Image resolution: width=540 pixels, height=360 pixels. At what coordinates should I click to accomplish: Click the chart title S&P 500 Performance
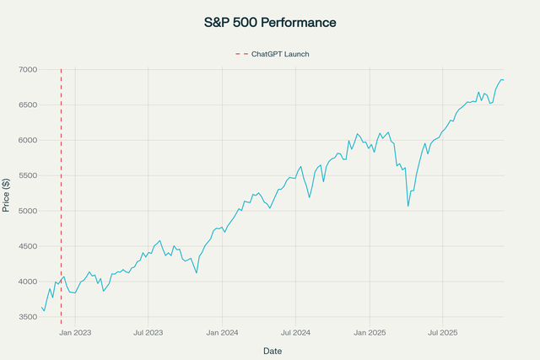pyautogui.click(x=270, y=21)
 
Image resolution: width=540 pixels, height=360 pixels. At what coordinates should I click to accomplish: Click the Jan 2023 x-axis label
pyautogui.click(x=75, y=333)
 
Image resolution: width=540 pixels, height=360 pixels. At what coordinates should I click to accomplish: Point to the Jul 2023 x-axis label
pyautogui.click(x=148, y=333)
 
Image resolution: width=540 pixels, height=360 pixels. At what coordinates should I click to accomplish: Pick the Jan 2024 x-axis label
pyautogui.click(x=223, y=333)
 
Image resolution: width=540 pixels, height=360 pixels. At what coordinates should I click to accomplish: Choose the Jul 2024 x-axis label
pyautogui.click(x=296, y=333)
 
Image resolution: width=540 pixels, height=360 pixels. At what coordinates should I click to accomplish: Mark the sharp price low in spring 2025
pyautogui.click(x=408, y=206)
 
